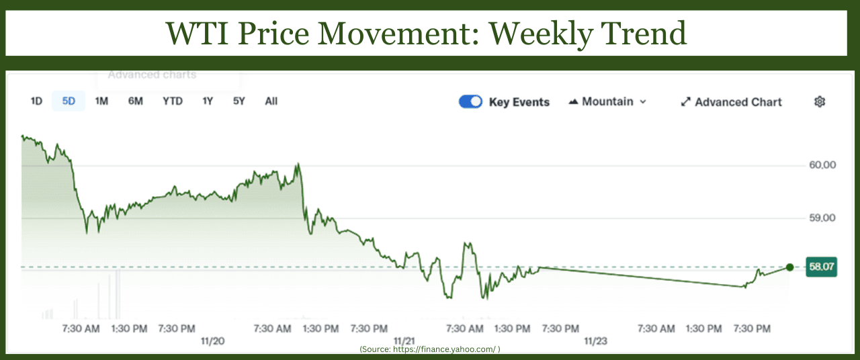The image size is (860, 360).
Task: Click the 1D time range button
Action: click(36, 101)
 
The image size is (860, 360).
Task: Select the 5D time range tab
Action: click(69, 101)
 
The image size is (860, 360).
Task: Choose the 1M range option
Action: click(101, 101)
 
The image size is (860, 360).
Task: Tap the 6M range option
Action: click(136, 101)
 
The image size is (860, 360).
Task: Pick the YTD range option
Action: click(173, 101)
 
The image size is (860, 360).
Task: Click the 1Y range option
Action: click(208, 101)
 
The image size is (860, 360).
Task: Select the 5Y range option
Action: click(239, 101)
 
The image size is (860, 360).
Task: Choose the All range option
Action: click(271, 101)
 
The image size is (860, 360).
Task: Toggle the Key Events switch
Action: click(470, 101)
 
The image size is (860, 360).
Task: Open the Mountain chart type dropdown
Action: click(607, 101)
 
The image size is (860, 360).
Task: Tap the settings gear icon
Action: click(820, 101)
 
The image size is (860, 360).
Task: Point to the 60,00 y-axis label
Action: click(823, 165)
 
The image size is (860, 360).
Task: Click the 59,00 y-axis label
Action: click(823, 218)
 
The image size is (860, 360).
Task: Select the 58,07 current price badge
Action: click(822, 267)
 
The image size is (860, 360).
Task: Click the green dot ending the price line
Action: click(789, 267)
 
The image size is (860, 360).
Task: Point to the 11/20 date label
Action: click(212, 341)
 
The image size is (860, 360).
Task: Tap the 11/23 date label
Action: click(595, 341)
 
